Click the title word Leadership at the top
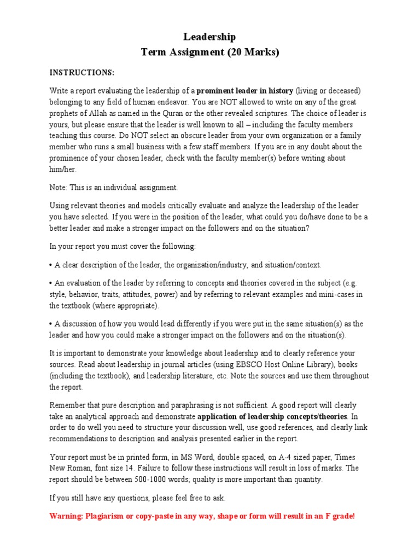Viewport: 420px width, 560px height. click(210, 37)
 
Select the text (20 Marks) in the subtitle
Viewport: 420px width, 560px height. click(252, 52)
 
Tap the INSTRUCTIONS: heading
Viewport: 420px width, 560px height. click(82, 73)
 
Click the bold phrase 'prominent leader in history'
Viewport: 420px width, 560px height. click(245, 90)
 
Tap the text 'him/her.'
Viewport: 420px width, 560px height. click(63, 169)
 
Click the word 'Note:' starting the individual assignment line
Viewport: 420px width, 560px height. click(59, 188)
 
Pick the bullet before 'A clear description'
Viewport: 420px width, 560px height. click(51, 265)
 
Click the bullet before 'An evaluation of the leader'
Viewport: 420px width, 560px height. click(51, 283)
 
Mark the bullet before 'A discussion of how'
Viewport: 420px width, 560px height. click(51, 324)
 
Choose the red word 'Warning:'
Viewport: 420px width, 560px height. click(66, 516)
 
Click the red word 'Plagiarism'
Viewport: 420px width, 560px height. click(106, 516)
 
